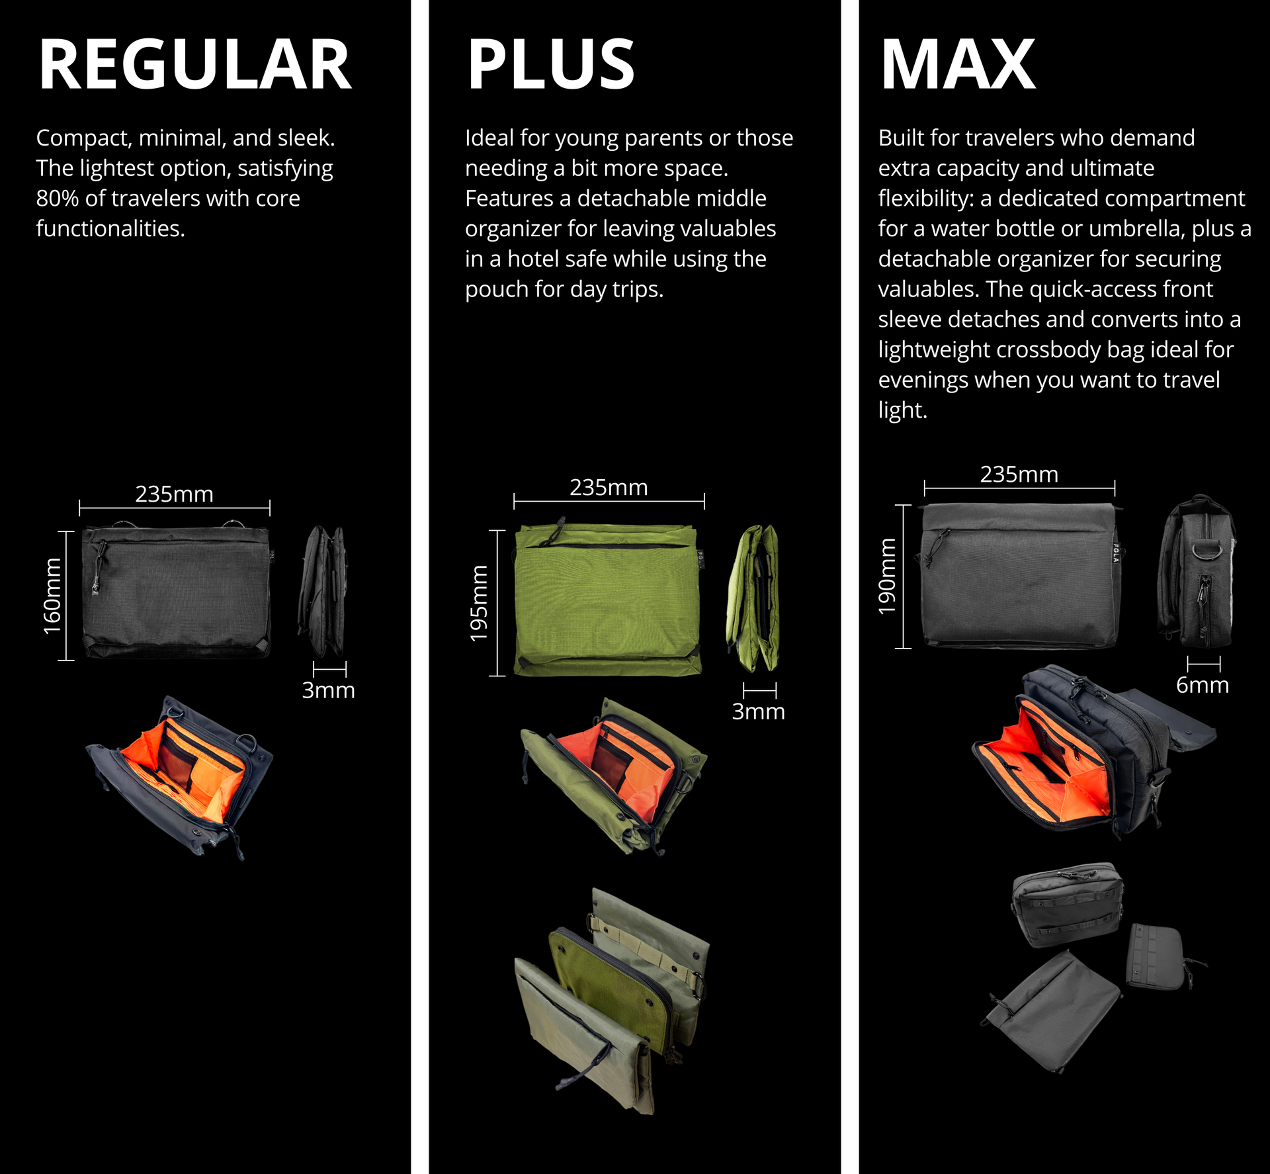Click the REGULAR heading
coord(194,65)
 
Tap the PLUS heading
coord(550,65)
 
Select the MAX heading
coord(957,65)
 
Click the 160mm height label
coord(52,596)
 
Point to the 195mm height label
coord(479,603)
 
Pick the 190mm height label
coord(886,576)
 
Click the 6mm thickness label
coord(1202,685)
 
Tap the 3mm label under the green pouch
coord(758,711)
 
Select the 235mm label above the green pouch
coord(609,488)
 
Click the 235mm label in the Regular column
coord(174,494)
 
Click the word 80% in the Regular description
coord(58,199)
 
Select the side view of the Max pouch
coord(1197,572)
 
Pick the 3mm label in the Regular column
coord(328,690)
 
